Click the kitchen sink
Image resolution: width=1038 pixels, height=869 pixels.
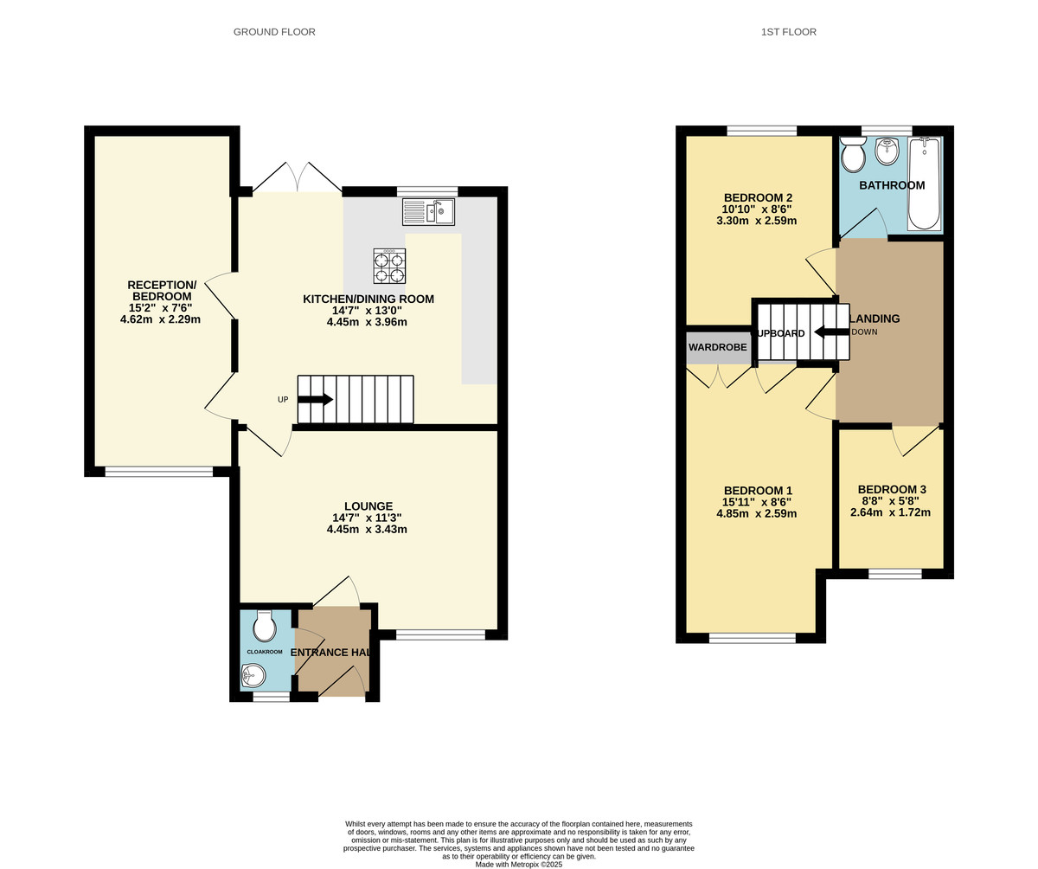click(x=429, y=212)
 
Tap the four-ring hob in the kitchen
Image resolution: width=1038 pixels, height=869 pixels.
click(x=389, y=266)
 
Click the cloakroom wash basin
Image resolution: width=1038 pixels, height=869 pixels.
click(x=253, y=675)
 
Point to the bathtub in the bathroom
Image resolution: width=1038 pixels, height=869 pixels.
click(x=924, y=183)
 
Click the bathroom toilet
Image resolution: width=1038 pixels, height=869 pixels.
click(x=853, y=155)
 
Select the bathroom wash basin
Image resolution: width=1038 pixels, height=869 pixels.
click(x=887, y=151)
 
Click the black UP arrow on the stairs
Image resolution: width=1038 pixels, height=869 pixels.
click(x=315, y=399)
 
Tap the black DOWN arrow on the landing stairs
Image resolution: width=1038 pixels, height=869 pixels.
click(x=831, y=332)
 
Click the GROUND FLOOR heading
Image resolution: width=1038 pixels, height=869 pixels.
click(x=274, y=32)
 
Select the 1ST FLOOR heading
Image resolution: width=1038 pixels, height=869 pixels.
click(x=788, y=32)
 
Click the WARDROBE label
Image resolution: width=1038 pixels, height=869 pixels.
click(x=717, y=347)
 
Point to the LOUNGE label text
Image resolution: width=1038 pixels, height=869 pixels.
click(x=368, y=506)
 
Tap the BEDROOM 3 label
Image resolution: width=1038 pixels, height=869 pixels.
click(x=890, y=489)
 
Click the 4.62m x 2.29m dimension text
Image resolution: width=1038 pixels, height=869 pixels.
click(x=160, y=319)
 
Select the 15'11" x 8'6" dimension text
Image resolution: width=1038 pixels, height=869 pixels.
click(x=756, y=501)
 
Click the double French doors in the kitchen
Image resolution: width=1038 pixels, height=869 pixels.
click(x=298, y=177)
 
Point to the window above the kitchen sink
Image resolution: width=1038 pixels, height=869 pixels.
click(x=427, y=191)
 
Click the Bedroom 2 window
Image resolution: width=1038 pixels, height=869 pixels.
click(x=761, y=131)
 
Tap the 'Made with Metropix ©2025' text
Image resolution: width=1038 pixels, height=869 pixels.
click(x=519, y=864)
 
